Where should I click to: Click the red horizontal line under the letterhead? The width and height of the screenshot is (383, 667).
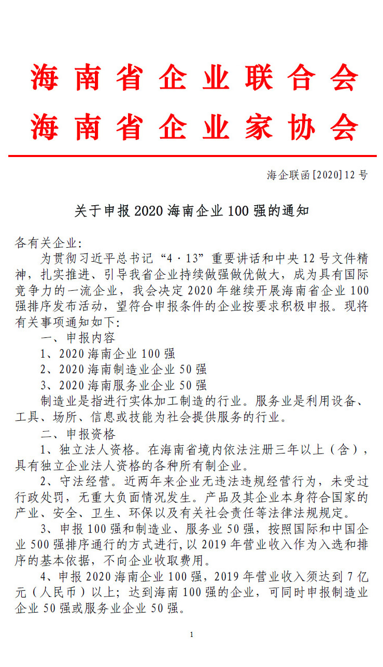pyautogui.click(x=191, y=155)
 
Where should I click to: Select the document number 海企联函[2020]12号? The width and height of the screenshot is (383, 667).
pyautogui.click(x=317, y=175)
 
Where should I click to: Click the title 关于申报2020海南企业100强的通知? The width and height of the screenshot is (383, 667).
pyautogui.click(x=192, y=211)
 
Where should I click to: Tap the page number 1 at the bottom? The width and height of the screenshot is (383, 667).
pyautogui.click(x=192, y=635)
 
